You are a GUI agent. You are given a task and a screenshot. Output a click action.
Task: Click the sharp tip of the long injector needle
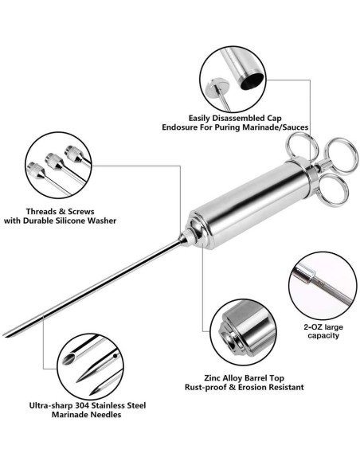pos(4,336)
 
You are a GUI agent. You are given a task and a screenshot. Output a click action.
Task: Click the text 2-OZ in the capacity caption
pos(313,327)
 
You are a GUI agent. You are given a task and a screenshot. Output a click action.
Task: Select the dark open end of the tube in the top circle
pos(252,81)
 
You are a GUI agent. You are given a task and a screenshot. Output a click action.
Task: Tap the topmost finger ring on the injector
pos(301,147)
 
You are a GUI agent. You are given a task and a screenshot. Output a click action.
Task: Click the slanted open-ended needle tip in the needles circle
pos(68,358)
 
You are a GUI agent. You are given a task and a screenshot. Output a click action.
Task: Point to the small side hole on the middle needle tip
pos(115,355)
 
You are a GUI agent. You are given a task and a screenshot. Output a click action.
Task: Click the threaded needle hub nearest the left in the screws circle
pos(36,170)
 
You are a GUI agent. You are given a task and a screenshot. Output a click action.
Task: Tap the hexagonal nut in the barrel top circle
pos(229,338)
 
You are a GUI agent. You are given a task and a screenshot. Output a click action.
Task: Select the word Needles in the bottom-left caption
pos(107,414)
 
